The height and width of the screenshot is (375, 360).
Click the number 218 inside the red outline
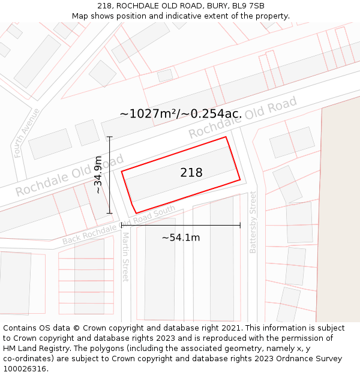coord(191,173)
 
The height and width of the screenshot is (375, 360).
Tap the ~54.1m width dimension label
coord(181,238)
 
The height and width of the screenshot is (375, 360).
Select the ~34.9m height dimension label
coord(98,175)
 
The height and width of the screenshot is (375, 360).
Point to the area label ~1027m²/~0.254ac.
coord(181,113)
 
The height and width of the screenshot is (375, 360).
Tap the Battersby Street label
coord(253,222)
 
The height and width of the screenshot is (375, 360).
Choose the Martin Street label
coord(125,257)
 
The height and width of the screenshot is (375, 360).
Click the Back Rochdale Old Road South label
coord(119,225)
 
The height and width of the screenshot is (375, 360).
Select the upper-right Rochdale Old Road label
coord(243,118)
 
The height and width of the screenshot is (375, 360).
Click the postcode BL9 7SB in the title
coord(248,6)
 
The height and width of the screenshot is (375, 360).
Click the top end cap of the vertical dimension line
coord(109,137)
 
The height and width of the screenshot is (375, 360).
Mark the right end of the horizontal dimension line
coord(240,225)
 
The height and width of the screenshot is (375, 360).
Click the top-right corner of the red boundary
coord(226,137)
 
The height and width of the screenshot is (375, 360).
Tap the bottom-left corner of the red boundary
coord(136,212)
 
